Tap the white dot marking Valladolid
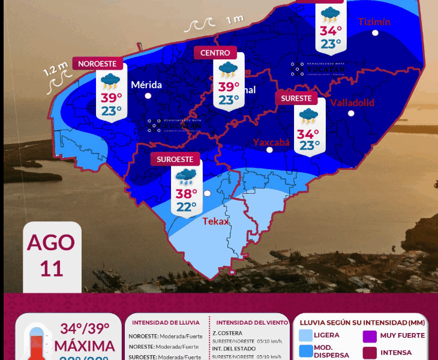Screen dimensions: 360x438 point(352,113)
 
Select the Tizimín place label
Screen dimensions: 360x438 point(374,22)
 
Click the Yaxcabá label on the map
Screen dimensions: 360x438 point(271,142)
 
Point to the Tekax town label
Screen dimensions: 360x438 point(216,221)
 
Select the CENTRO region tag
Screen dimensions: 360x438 point(215,53)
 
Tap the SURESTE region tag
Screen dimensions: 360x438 point(296,98)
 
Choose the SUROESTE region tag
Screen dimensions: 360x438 point(175,160)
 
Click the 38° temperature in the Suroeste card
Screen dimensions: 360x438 point(187,194)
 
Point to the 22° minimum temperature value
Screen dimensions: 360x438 point(187,207)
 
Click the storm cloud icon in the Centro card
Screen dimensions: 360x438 point(227,70)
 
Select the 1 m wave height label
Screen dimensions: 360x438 point(235,20)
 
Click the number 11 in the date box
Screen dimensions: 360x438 point(52,268)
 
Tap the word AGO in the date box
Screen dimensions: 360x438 point(52,242)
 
